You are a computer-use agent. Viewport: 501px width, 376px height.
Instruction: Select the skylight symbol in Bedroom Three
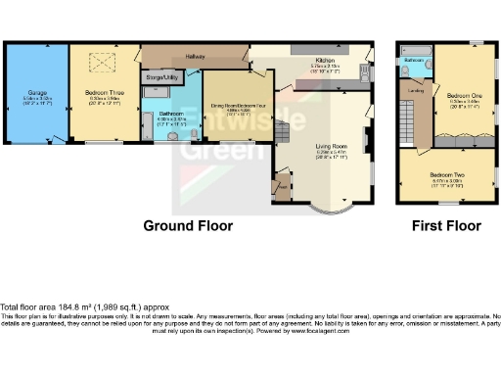pos(99,63)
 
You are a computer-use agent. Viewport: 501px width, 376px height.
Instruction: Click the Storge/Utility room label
pos(159,75)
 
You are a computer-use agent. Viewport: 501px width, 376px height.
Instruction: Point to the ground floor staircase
pos(283,186)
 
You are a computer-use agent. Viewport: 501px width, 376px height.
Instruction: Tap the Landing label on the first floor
pos(415,93)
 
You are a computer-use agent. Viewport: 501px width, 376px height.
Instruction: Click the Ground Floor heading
pos(188,226)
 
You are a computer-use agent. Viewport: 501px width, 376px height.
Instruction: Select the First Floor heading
pos(446,226)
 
